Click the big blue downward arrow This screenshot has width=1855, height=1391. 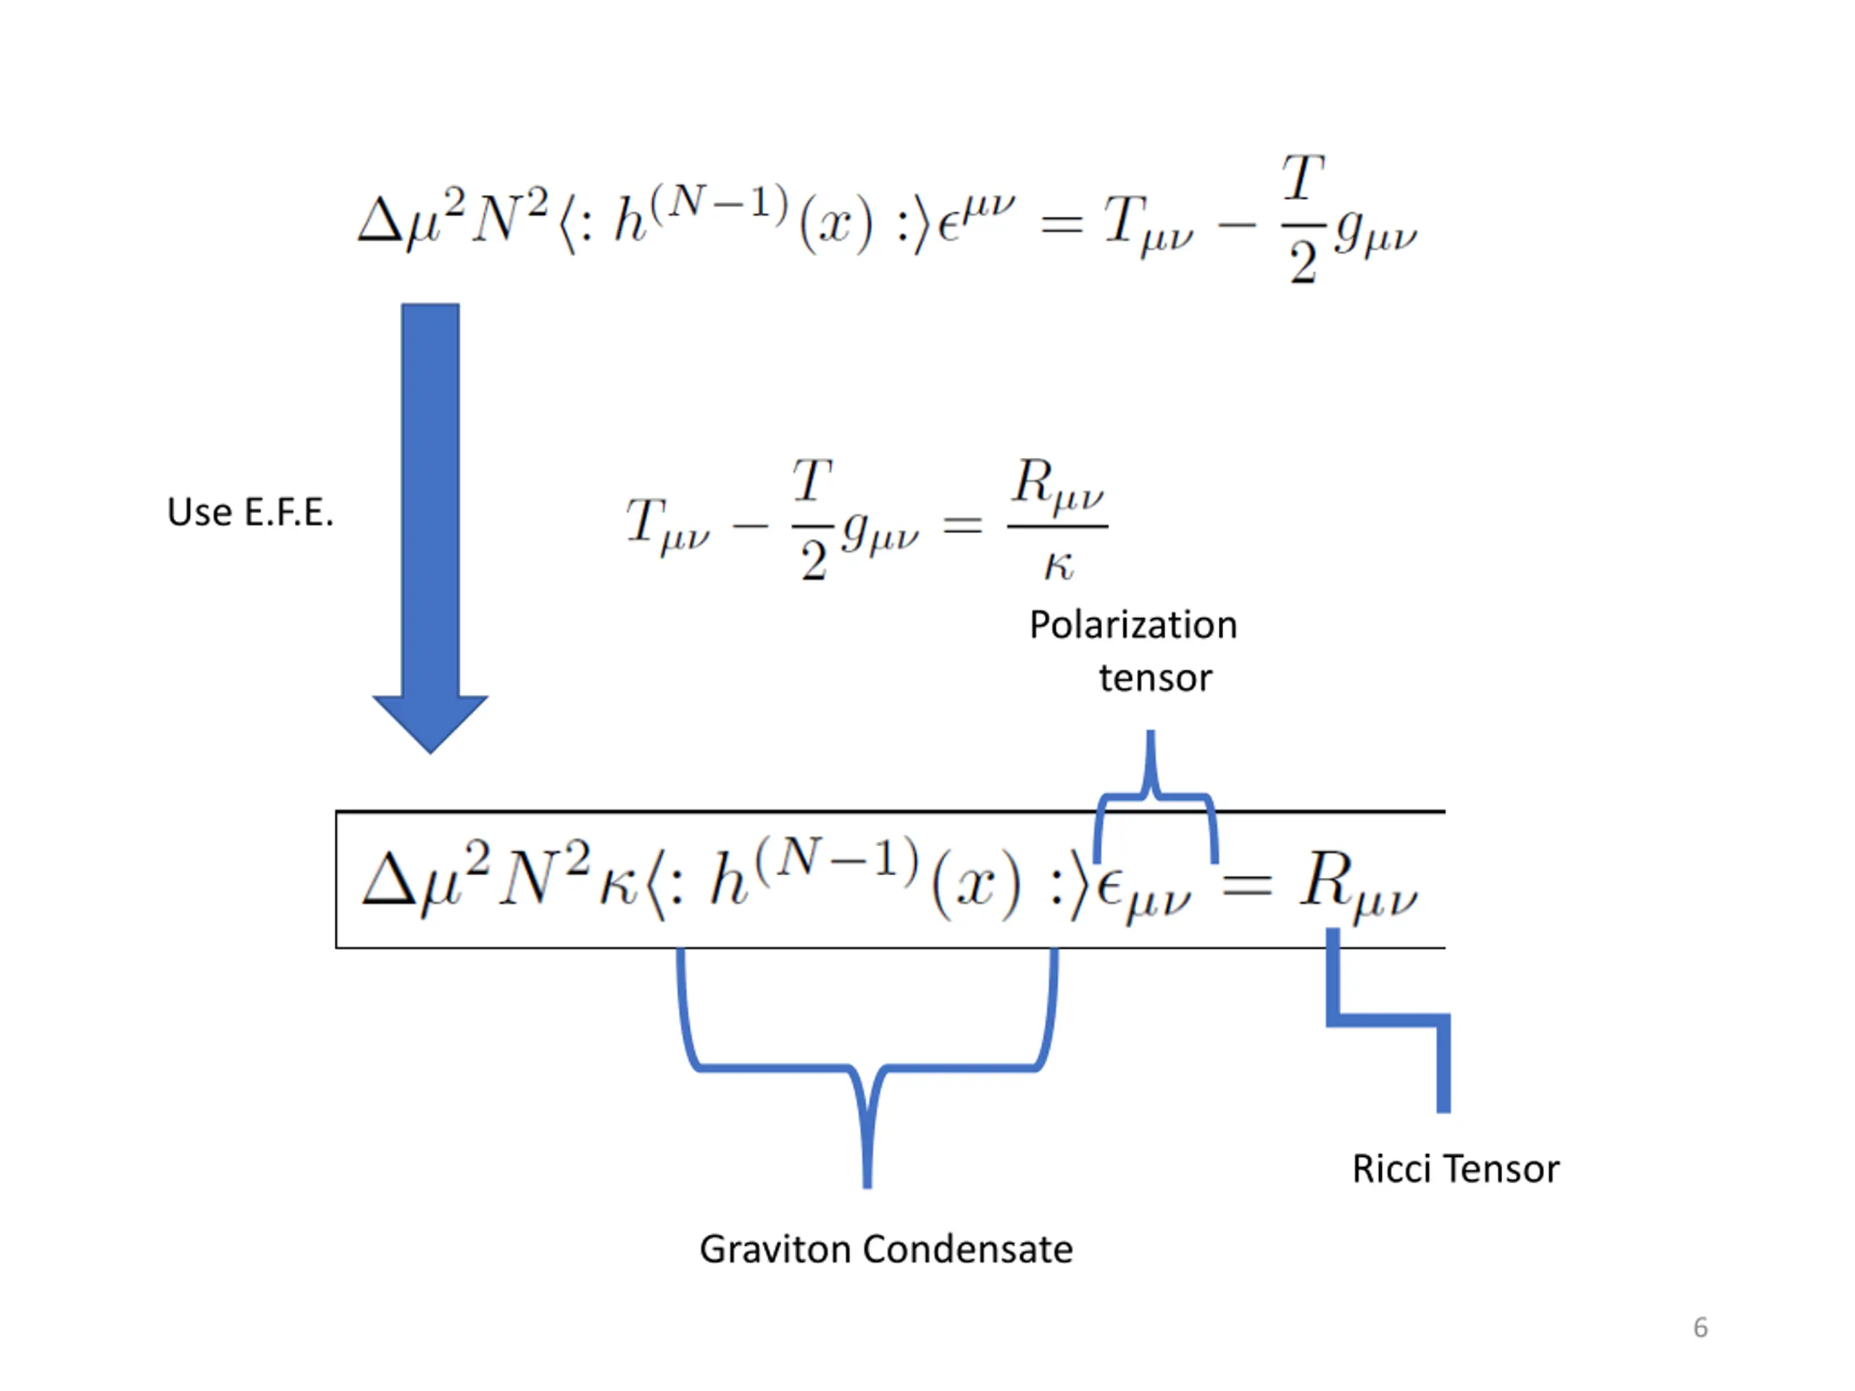pos(430,528)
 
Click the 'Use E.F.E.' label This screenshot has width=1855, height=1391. pos(250,512)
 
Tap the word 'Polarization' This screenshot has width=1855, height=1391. pos(1133,625)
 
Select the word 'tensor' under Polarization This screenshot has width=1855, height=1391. pos(1156,678)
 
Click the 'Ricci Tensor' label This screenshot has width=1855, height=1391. pos(1456,1169)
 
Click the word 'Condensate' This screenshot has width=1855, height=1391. pos(968,1249)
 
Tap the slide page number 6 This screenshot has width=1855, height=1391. pos(1700,1327)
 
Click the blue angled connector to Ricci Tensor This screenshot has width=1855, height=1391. pos(1388,1020)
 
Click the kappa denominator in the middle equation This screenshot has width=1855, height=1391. pos(1059,566)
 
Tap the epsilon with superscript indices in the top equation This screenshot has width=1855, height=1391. pos(976,218)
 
